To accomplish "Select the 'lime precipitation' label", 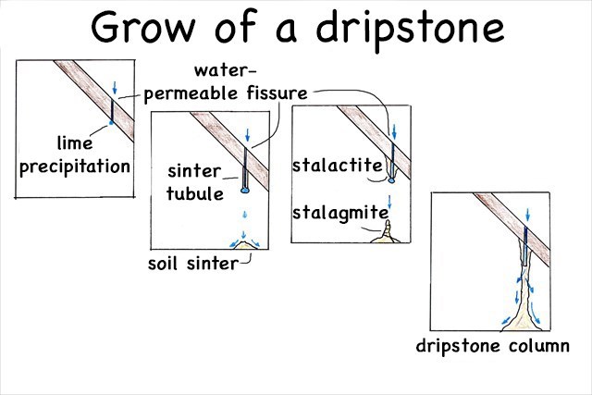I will tap(71, 156).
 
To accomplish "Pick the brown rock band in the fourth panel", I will tap(504, 221).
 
